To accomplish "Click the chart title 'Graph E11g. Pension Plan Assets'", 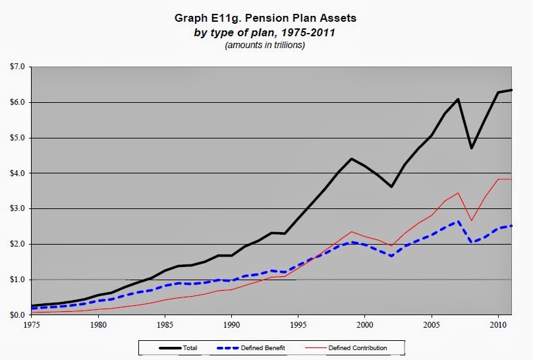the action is tap(265, 18).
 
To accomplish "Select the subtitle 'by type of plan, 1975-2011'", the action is tap(264, 33).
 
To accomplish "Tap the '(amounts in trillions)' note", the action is tap(265, 45).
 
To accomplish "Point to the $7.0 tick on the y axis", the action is tap(17, 67).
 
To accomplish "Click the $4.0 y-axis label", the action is tap(17, 173).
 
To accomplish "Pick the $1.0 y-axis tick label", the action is tap(17, 280).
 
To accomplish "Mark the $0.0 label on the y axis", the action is tap(17, 315).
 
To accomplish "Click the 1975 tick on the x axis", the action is tap(31, 324).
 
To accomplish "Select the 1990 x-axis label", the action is tap(231, 324).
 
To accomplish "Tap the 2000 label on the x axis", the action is tap(365, 324).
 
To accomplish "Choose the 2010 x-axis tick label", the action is tap(498, 324).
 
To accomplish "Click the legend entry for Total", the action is tap(179, 348).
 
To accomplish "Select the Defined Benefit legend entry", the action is tap(251, 348).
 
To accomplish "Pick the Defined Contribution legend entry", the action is tap(346, 348).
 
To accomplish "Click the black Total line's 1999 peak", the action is tap(351, 158).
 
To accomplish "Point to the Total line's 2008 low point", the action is tap(472, 148).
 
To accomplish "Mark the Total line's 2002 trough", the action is tap(391, 187).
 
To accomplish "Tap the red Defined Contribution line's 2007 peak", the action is tap(458, 193).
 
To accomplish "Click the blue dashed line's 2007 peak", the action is tap(458, 222).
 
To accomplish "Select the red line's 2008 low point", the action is tap(472, 220).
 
